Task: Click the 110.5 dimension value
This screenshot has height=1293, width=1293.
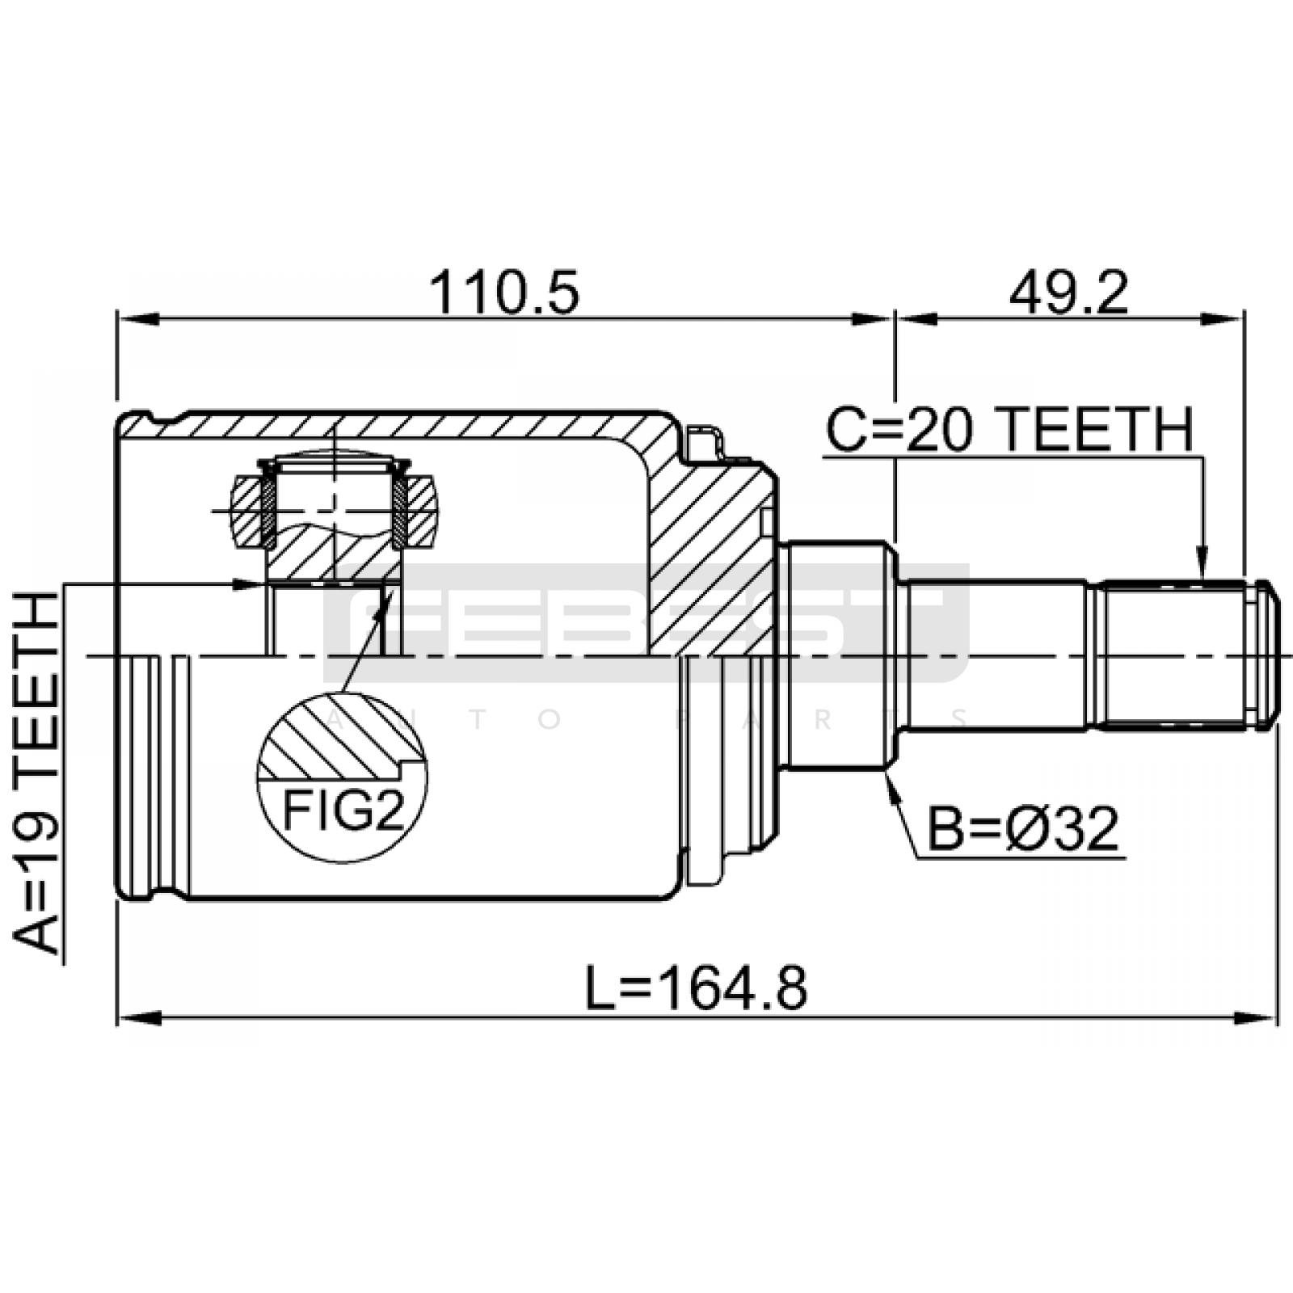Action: (x=504, y=293)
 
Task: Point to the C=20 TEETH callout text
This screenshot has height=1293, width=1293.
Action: (x=1009, y=429)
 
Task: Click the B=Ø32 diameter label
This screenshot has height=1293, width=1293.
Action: (x=1023, y=828)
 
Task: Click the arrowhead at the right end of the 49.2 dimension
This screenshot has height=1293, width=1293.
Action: (x=1223, y=320)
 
